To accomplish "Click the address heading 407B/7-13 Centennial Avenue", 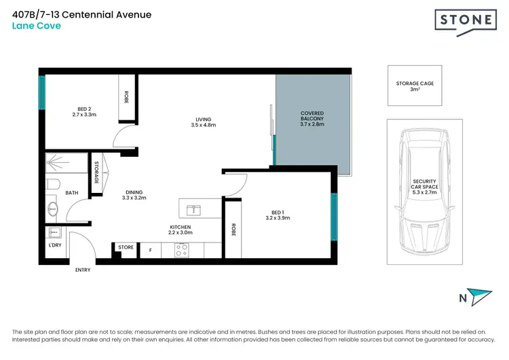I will [x=82, y=14].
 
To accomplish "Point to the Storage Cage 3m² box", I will [x=415, y=86].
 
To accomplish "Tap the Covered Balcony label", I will [x=312, y=119].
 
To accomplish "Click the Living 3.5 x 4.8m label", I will [x=204, y=122].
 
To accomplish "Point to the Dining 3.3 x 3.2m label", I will [x=134, y=194].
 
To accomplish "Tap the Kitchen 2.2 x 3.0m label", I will [x=180, y=230].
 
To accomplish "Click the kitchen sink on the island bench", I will [x=193, y=209].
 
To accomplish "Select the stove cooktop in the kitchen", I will [x=181, y=251].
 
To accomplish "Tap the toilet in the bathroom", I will [x=53, y=183].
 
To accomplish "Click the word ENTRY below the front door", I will [x=82, y=270].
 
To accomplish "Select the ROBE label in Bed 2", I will [x=126, y=97].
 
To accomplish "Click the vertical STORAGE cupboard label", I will [x=97, y=173].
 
